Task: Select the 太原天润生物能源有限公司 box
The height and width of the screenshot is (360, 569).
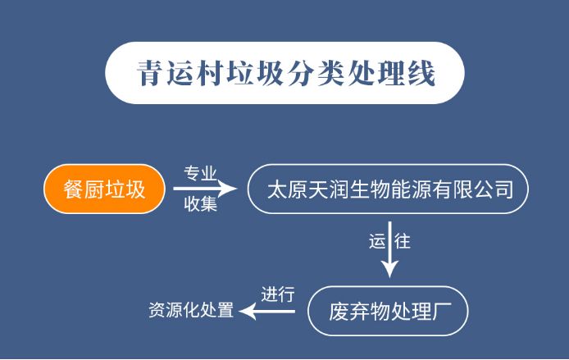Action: click(x=389, y=191)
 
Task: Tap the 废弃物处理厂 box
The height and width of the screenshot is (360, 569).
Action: click(x=388, y=312)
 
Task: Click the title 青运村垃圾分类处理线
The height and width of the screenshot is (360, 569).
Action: click(x=285, y=74)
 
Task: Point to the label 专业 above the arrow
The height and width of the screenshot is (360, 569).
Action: click(x=200, y=174)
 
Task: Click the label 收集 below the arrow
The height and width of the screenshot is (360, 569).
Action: click(x=200, y=206)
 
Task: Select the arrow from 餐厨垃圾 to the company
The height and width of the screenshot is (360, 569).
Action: click(x=204, y=190)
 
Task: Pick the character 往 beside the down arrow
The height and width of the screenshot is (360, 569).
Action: click(x=402, y=243)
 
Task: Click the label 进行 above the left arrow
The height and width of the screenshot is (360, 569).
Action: click(x=277, y=294)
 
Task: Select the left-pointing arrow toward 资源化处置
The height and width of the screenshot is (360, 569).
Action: click(x=271, y=311)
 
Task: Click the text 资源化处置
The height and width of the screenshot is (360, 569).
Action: click(x=191, y=311)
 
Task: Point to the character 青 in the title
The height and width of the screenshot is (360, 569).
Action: click(x=150, y=74)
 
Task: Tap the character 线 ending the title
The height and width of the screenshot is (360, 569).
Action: click(x=421, y=74)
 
